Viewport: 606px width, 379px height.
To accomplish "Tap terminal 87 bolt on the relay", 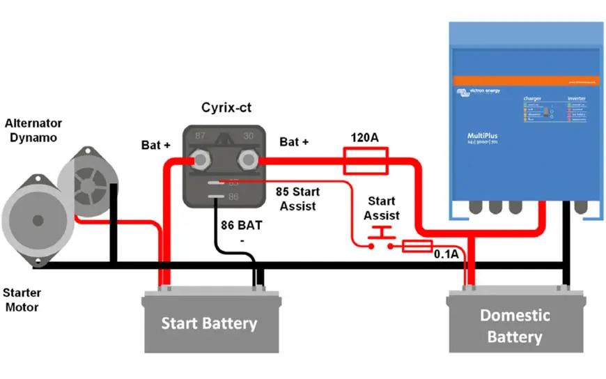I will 201,160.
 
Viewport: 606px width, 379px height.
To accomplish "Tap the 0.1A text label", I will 446,254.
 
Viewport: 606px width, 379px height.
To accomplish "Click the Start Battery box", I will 210,323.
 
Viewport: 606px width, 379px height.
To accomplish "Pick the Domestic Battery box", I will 515,325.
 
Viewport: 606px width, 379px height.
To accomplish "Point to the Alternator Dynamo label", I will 33,131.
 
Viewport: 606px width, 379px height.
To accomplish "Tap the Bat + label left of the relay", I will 156,146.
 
